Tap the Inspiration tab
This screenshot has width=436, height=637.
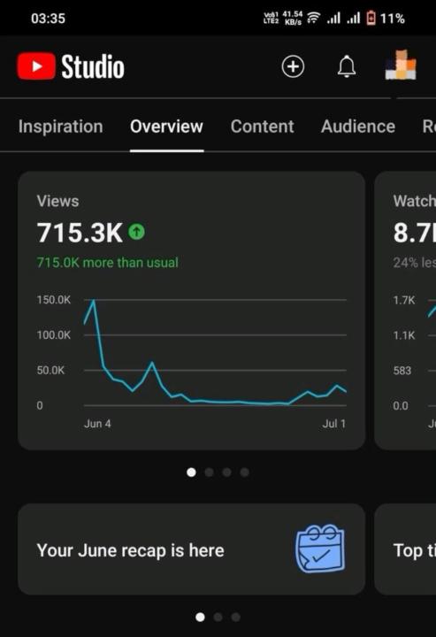point(60,127)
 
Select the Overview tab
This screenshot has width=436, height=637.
point(166,127)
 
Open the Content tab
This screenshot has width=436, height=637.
point(262,127)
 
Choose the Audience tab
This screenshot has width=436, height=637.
point(357,127)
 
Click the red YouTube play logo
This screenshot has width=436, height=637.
point(35,66)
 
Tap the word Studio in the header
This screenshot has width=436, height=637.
point(92,66)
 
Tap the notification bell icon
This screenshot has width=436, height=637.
point(347,66)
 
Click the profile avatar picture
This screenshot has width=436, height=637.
point(401,65)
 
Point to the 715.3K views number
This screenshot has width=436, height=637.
point(79,233)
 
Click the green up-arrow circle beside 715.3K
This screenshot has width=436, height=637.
point(136,232)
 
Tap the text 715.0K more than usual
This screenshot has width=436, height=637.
point(107,263)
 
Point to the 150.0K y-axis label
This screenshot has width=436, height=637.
point(54,300)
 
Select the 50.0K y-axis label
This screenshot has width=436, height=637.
point(50,370)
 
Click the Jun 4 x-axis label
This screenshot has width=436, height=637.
point(97,424)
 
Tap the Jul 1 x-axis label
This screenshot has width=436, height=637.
point(334,424)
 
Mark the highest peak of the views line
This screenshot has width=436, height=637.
point(94,302)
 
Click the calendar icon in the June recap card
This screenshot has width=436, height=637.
point(319,549)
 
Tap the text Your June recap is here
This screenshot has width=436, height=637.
point(130,550)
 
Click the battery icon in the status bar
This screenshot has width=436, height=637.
point(371,18)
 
